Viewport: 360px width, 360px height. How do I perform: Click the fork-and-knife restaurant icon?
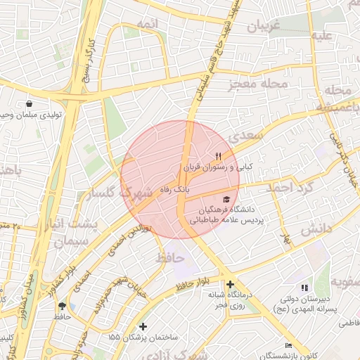pos(218,156)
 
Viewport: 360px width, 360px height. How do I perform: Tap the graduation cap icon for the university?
pos(226,199)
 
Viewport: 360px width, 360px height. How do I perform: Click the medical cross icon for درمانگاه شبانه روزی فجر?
pos(230,284)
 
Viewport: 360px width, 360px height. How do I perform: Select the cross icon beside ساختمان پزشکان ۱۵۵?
pos(143,326)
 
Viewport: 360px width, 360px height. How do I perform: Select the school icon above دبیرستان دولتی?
pos(304,288)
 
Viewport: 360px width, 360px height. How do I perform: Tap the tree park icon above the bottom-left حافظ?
pos(63,306)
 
